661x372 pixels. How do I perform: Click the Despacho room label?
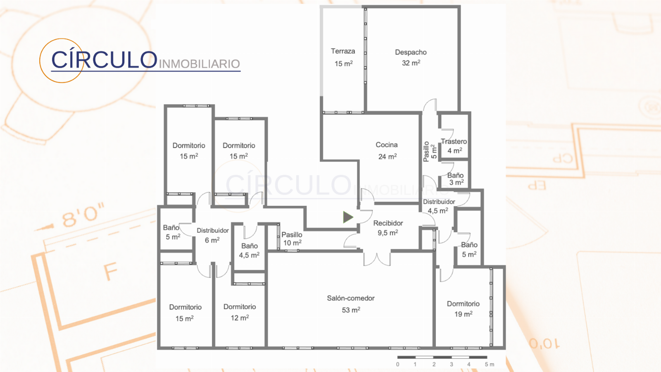tap(411, 58)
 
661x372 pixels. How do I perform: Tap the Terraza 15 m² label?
tap(343, 57)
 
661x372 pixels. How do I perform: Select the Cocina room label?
tap(387, 150)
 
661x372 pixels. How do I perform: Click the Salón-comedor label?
tap(351, 304)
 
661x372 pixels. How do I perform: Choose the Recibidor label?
tap(388, 228)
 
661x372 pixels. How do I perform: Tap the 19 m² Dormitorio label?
tap(463, 309)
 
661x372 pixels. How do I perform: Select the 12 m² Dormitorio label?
tap(240, 312)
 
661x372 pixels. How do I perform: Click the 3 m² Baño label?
tap(456, 179)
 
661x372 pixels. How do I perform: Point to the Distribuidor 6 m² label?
tap(212, 235)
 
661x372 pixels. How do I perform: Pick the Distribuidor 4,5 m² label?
tap(439, 206)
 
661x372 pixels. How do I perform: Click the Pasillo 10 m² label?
tap(292, 238)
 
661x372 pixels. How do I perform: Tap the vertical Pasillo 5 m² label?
tap(430, 151)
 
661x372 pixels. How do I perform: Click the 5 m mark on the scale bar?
tap(489, 364)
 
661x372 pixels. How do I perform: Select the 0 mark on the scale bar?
tap(398, 364)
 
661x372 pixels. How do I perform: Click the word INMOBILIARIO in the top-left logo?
tap(200, 64)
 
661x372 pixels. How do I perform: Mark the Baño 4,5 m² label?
tap(250, 250)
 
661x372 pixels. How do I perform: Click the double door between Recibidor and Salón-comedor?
tap(377, 258)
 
